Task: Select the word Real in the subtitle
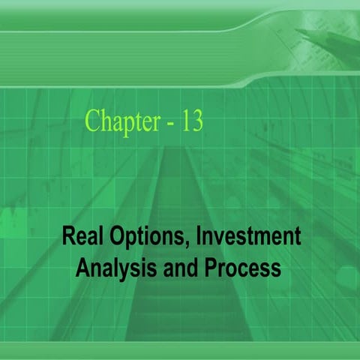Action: (x=79, y=238)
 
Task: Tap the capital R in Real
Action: (x=67, y=238)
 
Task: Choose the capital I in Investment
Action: (x=199, y=238)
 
